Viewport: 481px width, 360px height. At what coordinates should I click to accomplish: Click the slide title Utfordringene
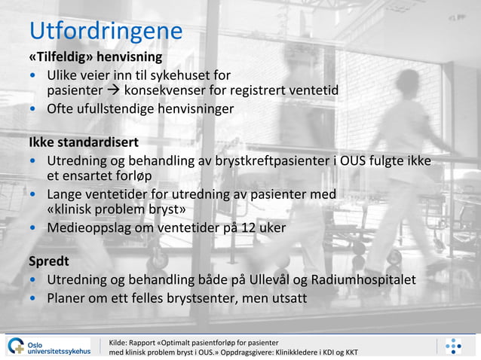[106, 31]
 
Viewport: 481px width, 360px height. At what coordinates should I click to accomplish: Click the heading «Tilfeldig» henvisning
[95, 57]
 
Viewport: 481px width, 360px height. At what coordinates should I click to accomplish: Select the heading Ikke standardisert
[84, 142]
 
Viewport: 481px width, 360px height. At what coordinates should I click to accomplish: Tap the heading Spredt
[49, 261]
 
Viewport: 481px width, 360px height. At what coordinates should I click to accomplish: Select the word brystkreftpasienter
[268, 160]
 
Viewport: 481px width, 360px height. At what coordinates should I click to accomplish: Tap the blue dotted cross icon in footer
[453, 346]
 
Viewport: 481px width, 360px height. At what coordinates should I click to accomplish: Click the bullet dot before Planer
[33, 298]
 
